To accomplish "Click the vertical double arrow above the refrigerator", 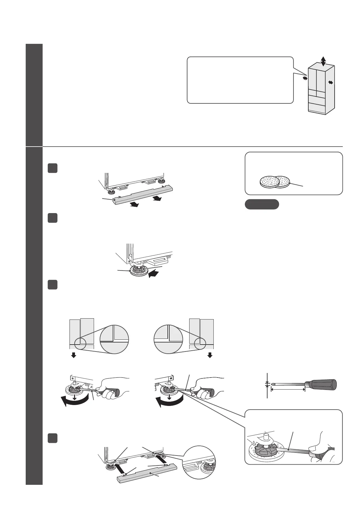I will point(323,61).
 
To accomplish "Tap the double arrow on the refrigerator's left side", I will point(305,78).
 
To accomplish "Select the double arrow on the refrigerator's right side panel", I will point(331,82).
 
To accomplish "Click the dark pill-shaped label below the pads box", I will point(261,204).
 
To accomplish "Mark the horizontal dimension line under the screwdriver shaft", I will point(288,390).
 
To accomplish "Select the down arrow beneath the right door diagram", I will point(210,355).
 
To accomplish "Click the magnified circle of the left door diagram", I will point(115,339).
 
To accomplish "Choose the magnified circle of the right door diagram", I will point(168,339).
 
